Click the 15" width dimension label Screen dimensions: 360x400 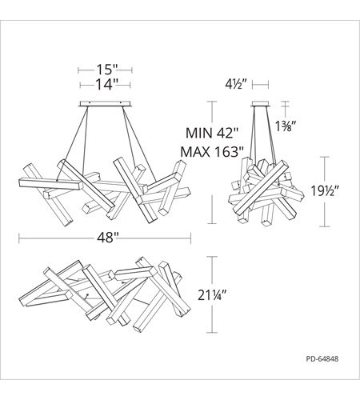106,70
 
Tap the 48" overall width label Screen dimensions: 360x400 108,238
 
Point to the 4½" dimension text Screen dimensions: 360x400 234,85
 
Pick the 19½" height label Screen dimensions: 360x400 325,191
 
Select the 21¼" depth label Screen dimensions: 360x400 212,295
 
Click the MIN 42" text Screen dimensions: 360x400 211,133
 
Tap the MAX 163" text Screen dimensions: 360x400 212,152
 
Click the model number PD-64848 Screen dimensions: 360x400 322,358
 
